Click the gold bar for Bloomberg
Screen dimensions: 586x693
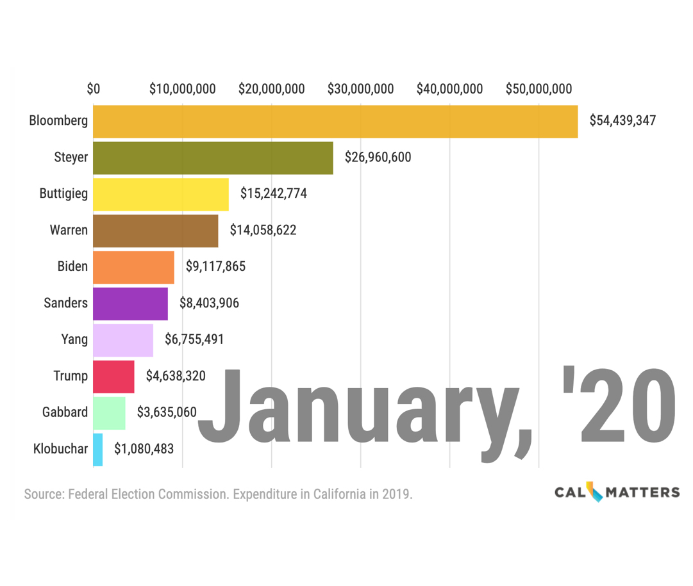[x=335, y=122]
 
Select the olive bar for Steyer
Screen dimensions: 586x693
[x=213, y=158]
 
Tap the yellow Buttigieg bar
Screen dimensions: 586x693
[x=161, y=195]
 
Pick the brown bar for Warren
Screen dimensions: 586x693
[x=156, y=231]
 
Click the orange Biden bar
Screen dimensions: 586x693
[x=133, y=268]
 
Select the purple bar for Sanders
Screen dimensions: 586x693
[x=130, y=304]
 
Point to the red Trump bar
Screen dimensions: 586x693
[x=113, y=377]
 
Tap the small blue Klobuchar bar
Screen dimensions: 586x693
[x=97, y=450]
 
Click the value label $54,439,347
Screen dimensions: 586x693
[x=622, y=120]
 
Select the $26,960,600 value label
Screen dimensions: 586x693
[x=378, y=157]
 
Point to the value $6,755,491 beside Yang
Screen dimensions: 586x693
[x=194, y=339]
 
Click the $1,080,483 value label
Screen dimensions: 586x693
[x=144, y=449]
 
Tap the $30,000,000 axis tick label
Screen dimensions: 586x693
[x=360, y=89]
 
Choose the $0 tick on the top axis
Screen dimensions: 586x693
[x=94, y=89]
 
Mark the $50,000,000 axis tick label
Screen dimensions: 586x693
[x=539, y=89]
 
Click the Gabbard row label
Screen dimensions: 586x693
[x=65, y=412]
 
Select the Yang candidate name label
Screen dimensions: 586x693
[x=74, y=339]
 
